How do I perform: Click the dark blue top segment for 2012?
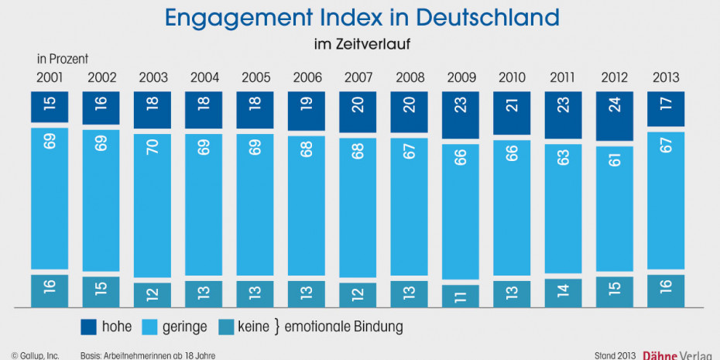click(615, 117)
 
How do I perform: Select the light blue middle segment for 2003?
click(153, 204)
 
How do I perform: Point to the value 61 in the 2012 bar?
click(615, 162)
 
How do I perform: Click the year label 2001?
click(50, 77)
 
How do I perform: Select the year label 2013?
click(666, 77)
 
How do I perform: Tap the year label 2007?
click(358, 77)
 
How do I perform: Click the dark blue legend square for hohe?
click(89, 327)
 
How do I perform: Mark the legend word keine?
click(254, 327)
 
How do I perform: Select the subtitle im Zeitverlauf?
click(362, 44)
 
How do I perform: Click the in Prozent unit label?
click(63, 59)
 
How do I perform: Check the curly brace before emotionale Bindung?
click(277, 327)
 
